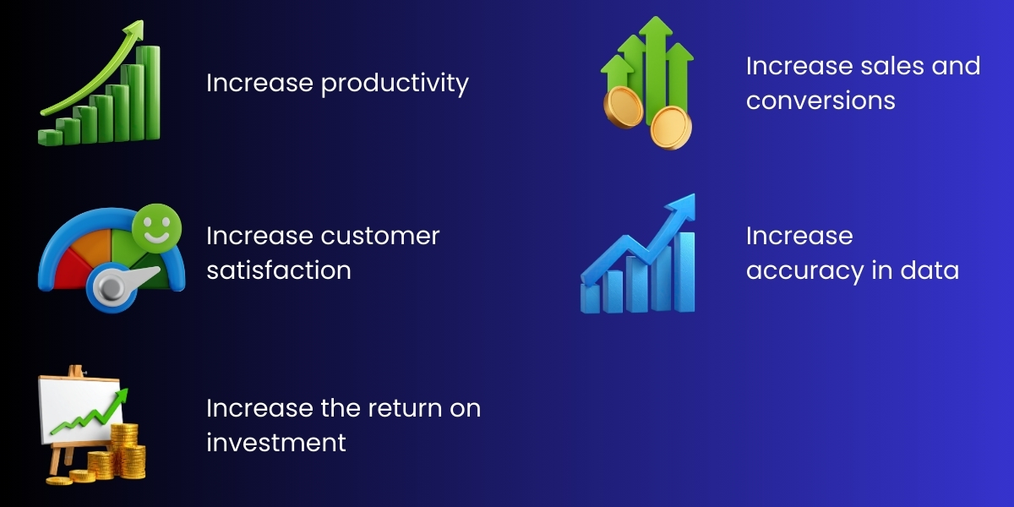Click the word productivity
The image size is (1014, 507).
[395, 84]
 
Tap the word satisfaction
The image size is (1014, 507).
[279, 270]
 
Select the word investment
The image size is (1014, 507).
[276, 442]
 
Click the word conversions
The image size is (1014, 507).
[820, 101]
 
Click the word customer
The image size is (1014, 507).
[380, 236]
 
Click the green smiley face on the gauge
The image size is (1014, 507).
[154, 229]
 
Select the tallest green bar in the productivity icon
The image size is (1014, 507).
[150, 93]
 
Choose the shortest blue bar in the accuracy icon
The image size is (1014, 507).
[590, 297]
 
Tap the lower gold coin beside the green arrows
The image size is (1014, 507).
[671, 128]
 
